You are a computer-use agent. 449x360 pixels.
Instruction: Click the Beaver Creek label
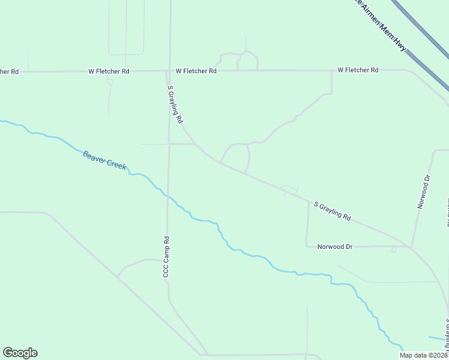(x=104, y=160)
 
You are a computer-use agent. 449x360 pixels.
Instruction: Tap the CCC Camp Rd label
(x=167, y=256)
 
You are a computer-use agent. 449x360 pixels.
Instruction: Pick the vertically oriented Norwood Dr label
(x=424, y=191)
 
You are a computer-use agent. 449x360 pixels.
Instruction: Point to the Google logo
(x=20, y=353)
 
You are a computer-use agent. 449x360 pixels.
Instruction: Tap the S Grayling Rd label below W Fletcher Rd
(x=175, y=104)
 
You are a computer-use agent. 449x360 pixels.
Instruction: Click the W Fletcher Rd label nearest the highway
(x=358, y=70)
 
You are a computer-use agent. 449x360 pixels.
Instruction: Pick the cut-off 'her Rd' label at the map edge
(x=9, y=71)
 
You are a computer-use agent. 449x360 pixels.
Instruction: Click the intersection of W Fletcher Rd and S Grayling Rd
(x=168, y=71)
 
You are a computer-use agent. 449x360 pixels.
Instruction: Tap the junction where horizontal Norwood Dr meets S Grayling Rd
(x=410, y=247)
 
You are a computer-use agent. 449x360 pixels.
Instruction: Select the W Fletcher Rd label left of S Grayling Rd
(x=109, y=71)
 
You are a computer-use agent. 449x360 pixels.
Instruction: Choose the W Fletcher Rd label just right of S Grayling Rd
(x=196, y=71)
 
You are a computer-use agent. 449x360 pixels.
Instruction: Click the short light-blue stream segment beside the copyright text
(x=437, y=339)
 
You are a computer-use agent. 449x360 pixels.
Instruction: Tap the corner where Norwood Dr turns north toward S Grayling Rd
(x=307, y=245)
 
